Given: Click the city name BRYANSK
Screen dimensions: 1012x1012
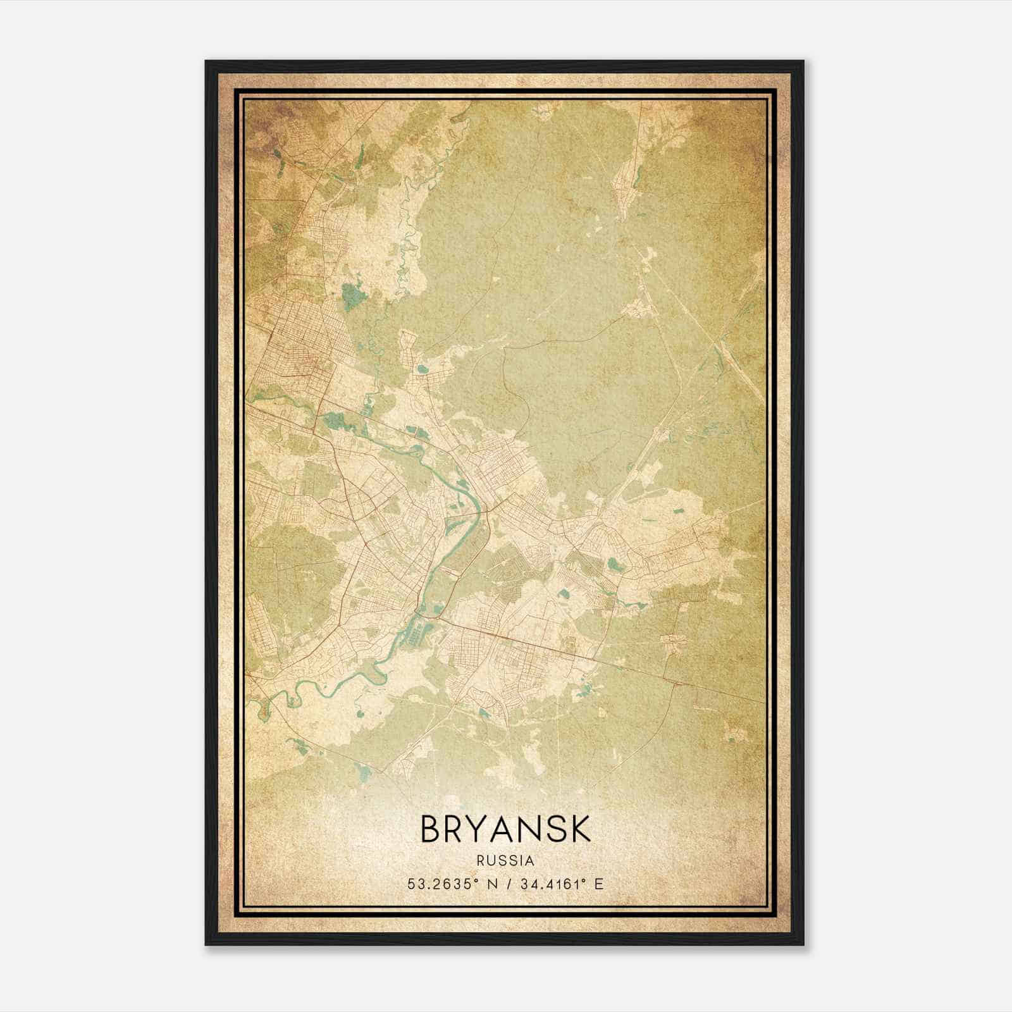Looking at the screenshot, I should [505, 829].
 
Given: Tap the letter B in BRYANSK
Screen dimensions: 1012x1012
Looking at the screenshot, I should [431, 829].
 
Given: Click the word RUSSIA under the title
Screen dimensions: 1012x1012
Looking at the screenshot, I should [505, 861].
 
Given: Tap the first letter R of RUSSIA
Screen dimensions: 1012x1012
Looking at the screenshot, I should [481, 861].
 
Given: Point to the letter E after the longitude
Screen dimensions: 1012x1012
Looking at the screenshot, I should [599, 884].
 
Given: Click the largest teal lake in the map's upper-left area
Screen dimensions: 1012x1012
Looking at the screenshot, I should [349, 295].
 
